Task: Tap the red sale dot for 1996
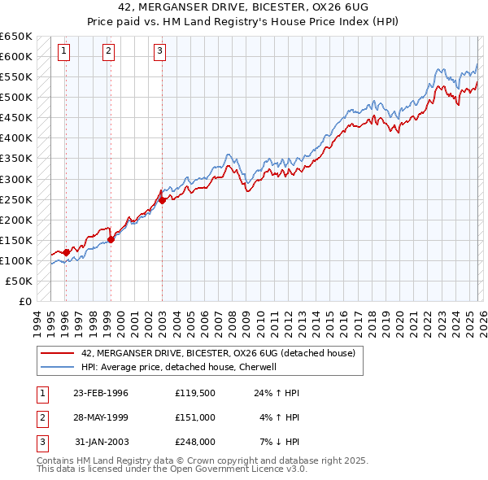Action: click(x=66, y=252)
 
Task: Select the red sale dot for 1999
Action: click(x=111, y=239)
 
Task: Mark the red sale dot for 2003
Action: click(x=162, y=200)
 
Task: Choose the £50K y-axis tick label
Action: click(x=20, y=281)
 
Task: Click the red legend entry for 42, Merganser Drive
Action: click(x=218, y=354)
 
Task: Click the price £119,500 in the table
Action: click(x=195, y=393)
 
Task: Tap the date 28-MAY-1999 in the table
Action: click(x=101, y=417)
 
